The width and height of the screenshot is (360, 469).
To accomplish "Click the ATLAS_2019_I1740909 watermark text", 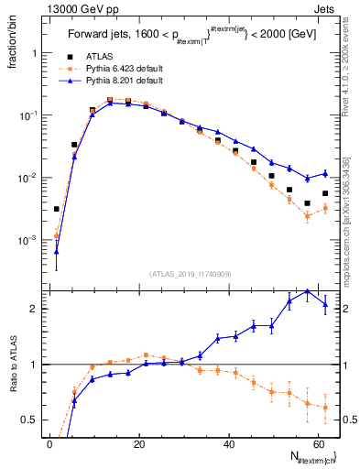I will click(x=190, y=273).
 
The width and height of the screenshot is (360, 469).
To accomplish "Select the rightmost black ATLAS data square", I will click(x=325, y=193).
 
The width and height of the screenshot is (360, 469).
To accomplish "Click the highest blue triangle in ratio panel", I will click(x=308, y=291).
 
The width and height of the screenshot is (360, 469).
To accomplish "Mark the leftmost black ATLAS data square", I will click(x=57, y=209).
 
